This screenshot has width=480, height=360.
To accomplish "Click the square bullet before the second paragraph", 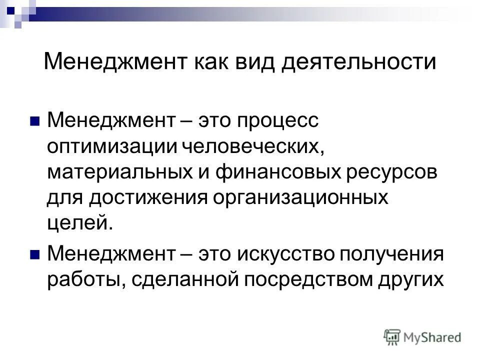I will coord(34,255).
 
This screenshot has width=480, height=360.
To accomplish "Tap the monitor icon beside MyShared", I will coord(393,336).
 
